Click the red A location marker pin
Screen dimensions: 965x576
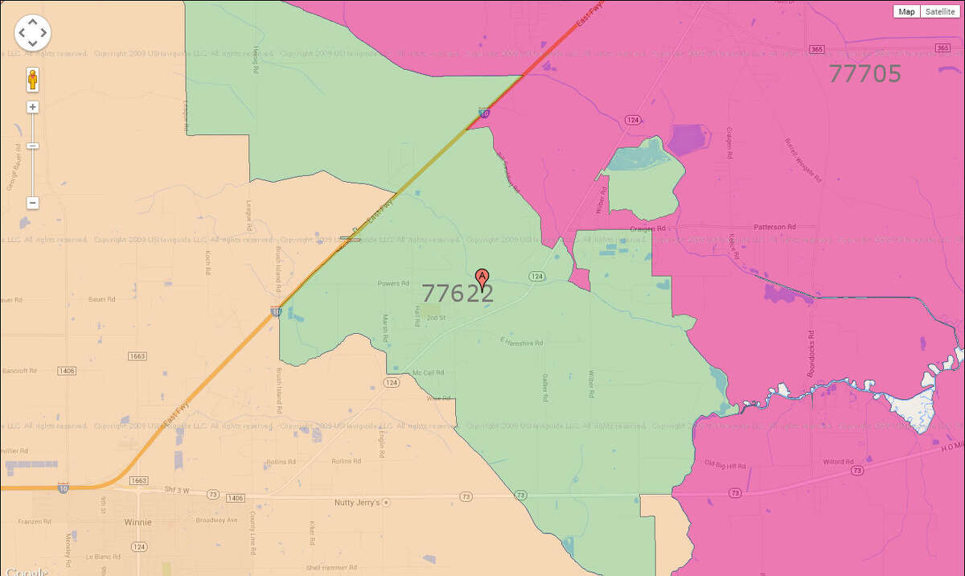(482, 278)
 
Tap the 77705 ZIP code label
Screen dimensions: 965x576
(864, 74)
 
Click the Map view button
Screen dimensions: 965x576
(907, 11)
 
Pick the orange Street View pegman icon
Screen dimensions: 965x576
(33, 80)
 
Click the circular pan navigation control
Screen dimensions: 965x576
(32, 32)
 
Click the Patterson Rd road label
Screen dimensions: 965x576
(774, 228)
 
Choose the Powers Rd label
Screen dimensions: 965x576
(393, 283)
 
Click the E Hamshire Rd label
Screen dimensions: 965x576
(521, 343)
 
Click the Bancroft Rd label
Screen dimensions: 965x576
(20, 371)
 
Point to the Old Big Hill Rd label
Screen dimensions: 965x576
(725, 465)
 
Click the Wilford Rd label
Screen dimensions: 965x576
(838, 462)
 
